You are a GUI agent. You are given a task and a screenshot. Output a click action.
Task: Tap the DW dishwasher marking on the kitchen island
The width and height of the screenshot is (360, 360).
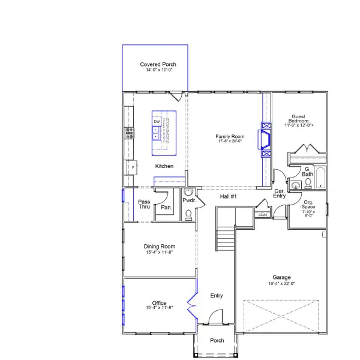157,122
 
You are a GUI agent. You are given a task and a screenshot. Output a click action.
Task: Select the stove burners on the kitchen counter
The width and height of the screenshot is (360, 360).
128,133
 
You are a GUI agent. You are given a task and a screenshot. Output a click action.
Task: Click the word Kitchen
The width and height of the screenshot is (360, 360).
164,166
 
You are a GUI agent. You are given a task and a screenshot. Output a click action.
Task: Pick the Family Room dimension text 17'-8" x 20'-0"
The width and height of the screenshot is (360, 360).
230,142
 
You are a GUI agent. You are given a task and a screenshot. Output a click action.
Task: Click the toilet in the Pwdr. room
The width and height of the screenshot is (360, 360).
188,213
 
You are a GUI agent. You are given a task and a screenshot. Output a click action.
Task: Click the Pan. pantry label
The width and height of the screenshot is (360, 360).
166,207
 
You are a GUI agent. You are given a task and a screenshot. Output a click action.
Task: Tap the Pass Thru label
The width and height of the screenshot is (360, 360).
144,204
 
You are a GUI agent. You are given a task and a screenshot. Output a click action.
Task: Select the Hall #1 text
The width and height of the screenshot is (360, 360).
229,197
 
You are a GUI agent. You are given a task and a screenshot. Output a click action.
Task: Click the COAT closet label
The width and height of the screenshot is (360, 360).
262,214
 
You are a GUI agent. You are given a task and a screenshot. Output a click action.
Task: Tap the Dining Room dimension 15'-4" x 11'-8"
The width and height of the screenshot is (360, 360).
159,253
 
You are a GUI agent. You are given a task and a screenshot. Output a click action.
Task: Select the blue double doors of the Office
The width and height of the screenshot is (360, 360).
192,304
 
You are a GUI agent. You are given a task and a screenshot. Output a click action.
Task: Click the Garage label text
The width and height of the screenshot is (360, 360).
281,277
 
